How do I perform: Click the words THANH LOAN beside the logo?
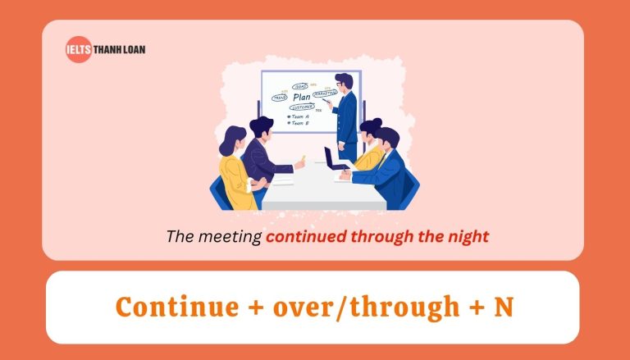(118, 49)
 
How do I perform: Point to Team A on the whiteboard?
(299, 116)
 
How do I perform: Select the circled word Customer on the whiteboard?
(303, 107)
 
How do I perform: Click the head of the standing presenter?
(344, 82)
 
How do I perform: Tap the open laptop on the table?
(331, 157)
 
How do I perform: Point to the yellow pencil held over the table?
(302, 157)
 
